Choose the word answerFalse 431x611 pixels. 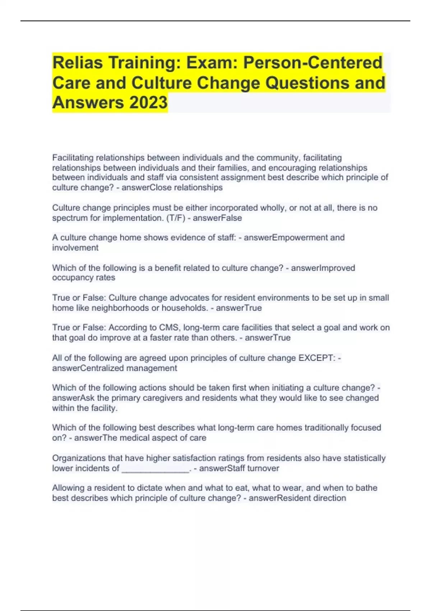point(217,218)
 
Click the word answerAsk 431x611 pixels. point(73,398)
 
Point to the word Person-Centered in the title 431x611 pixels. point(312,63)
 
